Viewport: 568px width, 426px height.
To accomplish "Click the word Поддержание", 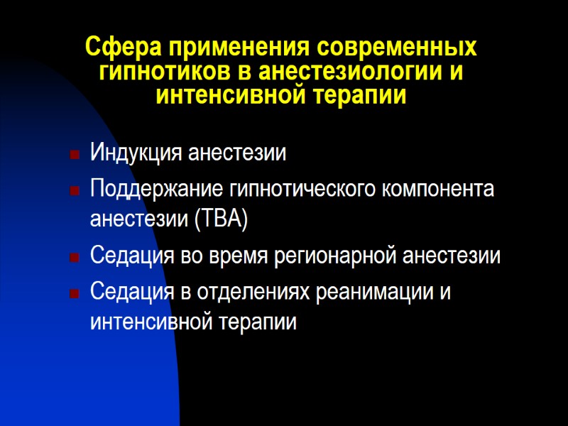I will pos(157,190).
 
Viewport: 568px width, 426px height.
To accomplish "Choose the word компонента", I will pos(439,190).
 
